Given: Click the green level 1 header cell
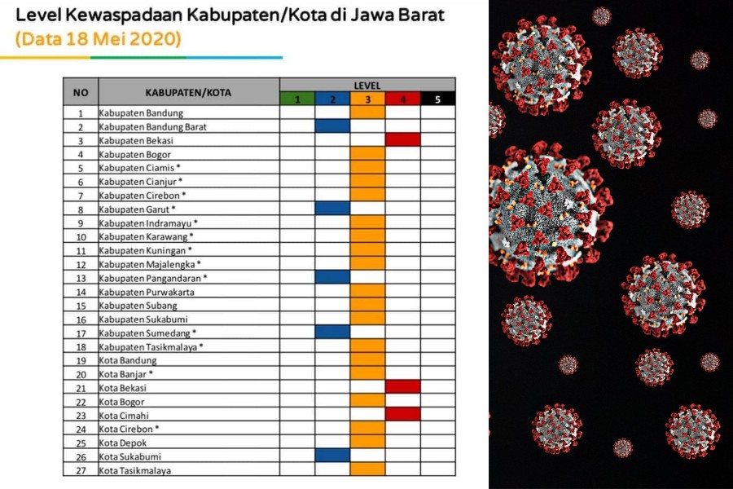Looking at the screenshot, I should tap(297, 99).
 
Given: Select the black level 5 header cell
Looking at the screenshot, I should tap(437, 99).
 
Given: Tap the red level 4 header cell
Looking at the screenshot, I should tap(402, 99).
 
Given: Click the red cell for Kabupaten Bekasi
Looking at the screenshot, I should tap(402, 140).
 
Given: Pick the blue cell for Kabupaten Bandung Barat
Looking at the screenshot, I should tap(332, 126).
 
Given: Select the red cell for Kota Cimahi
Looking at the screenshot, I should tap(402, 414).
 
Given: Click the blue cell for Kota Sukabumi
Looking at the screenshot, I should tap(332, 456).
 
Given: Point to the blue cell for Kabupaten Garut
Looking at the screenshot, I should tap(332, 209).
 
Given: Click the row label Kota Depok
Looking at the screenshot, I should tap(123, 442).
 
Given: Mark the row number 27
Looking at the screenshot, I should tap(81, 469).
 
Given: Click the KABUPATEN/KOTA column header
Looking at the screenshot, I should tap(188, 92).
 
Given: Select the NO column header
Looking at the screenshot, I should tap(81, 92).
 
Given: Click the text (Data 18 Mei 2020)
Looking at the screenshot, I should tap(98, 39).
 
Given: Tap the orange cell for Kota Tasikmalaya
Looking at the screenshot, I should tap(367, 469).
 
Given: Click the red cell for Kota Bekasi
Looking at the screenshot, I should tap(402, 387).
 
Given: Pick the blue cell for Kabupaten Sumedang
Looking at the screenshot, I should tap(332, 332).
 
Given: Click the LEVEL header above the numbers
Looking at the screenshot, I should tap(367, 85).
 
